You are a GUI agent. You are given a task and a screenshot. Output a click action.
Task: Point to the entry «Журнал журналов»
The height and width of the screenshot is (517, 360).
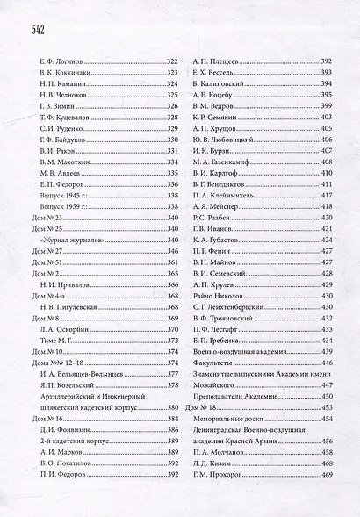click(x=69, y=238)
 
